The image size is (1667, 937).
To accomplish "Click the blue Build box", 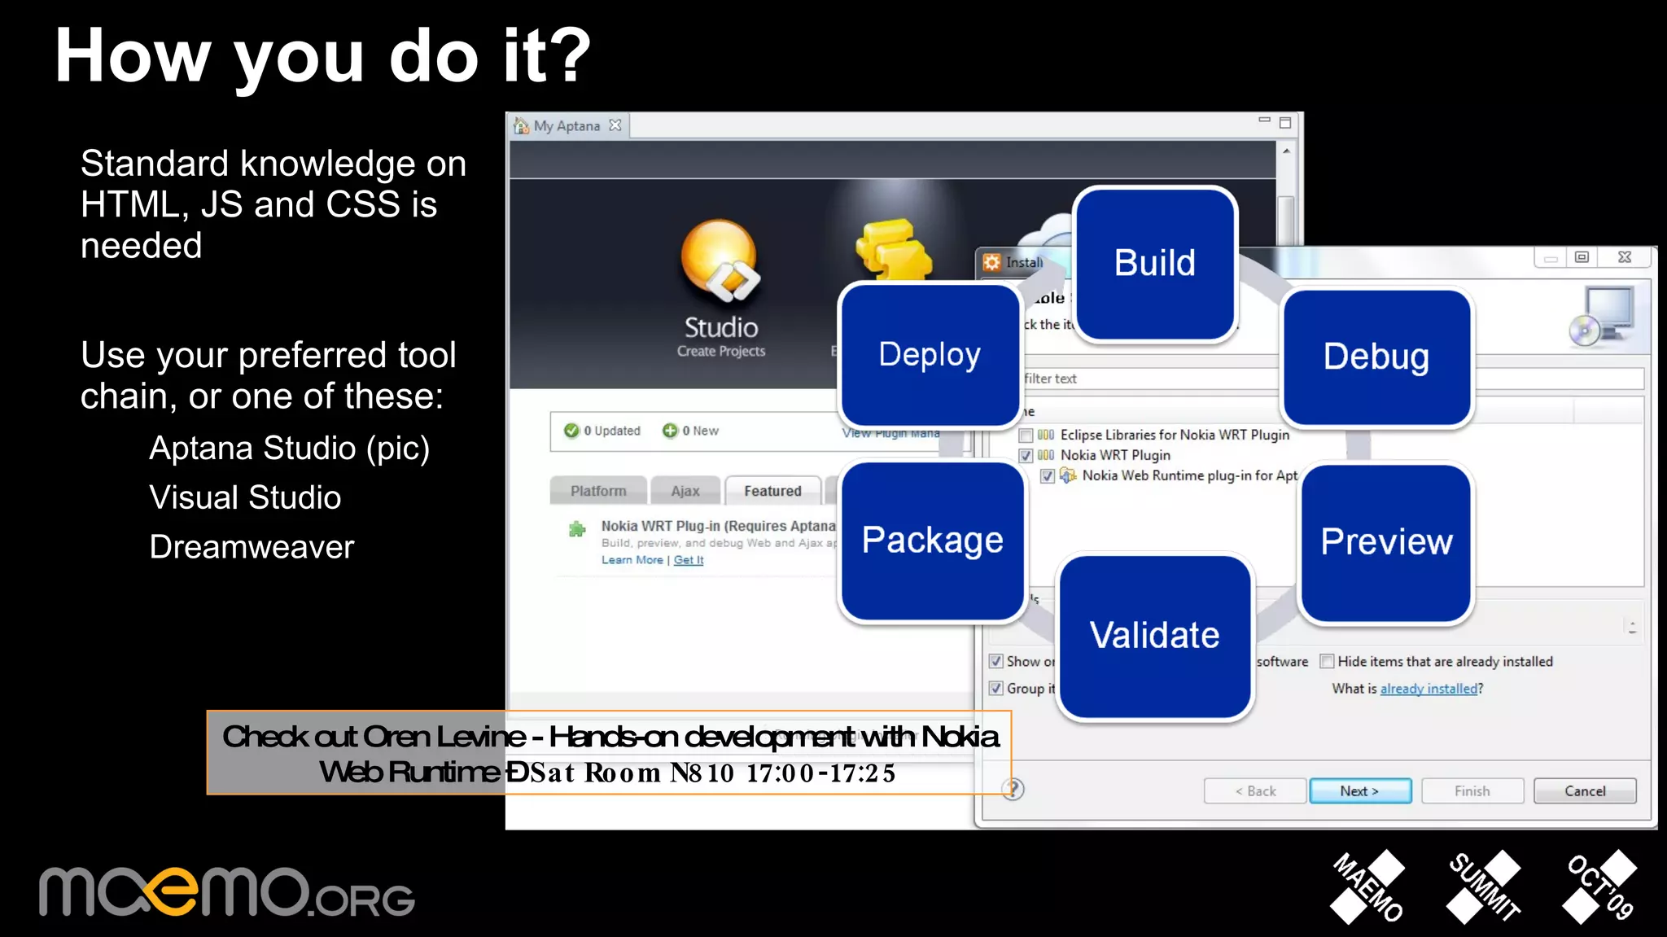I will [1155, 264].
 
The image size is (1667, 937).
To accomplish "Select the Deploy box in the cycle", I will [930, 355].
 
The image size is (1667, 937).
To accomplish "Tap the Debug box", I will [1376, 357].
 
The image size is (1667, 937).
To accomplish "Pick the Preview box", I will [1386, 542].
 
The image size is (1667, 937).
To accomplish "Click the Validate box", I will [1154, 636].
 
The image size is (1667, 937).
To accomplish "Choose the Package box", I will [932, 541].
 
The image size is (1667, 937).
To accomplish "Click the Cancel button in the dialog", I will [1584, 790].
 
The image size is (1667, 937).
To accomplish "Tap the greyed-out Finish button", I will [1472, 790].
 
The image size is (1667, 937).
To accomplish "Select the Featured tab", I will [772, 491].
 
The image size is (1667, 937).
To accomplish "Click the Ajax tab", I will [685, 491].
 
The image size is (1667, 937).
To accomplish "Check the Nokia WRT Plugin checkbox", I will [1026, 455].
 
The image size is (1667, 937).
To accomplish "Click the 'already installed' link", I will [1429, 689].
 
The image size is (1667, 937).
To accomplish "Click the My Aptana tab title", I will [567, 125].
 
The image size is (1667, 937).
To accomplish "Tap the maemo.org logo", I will [227, 892].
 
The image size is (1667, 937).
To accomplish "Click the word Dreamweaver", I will [252, 547].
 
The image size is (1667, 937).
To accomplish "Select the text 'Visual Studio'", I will [245, 497].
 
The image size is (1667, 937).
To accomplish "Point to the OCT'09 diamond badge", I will [1599, 887].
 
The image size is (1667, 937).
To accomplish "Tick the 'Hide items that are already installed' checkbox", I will [1327, 661].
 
